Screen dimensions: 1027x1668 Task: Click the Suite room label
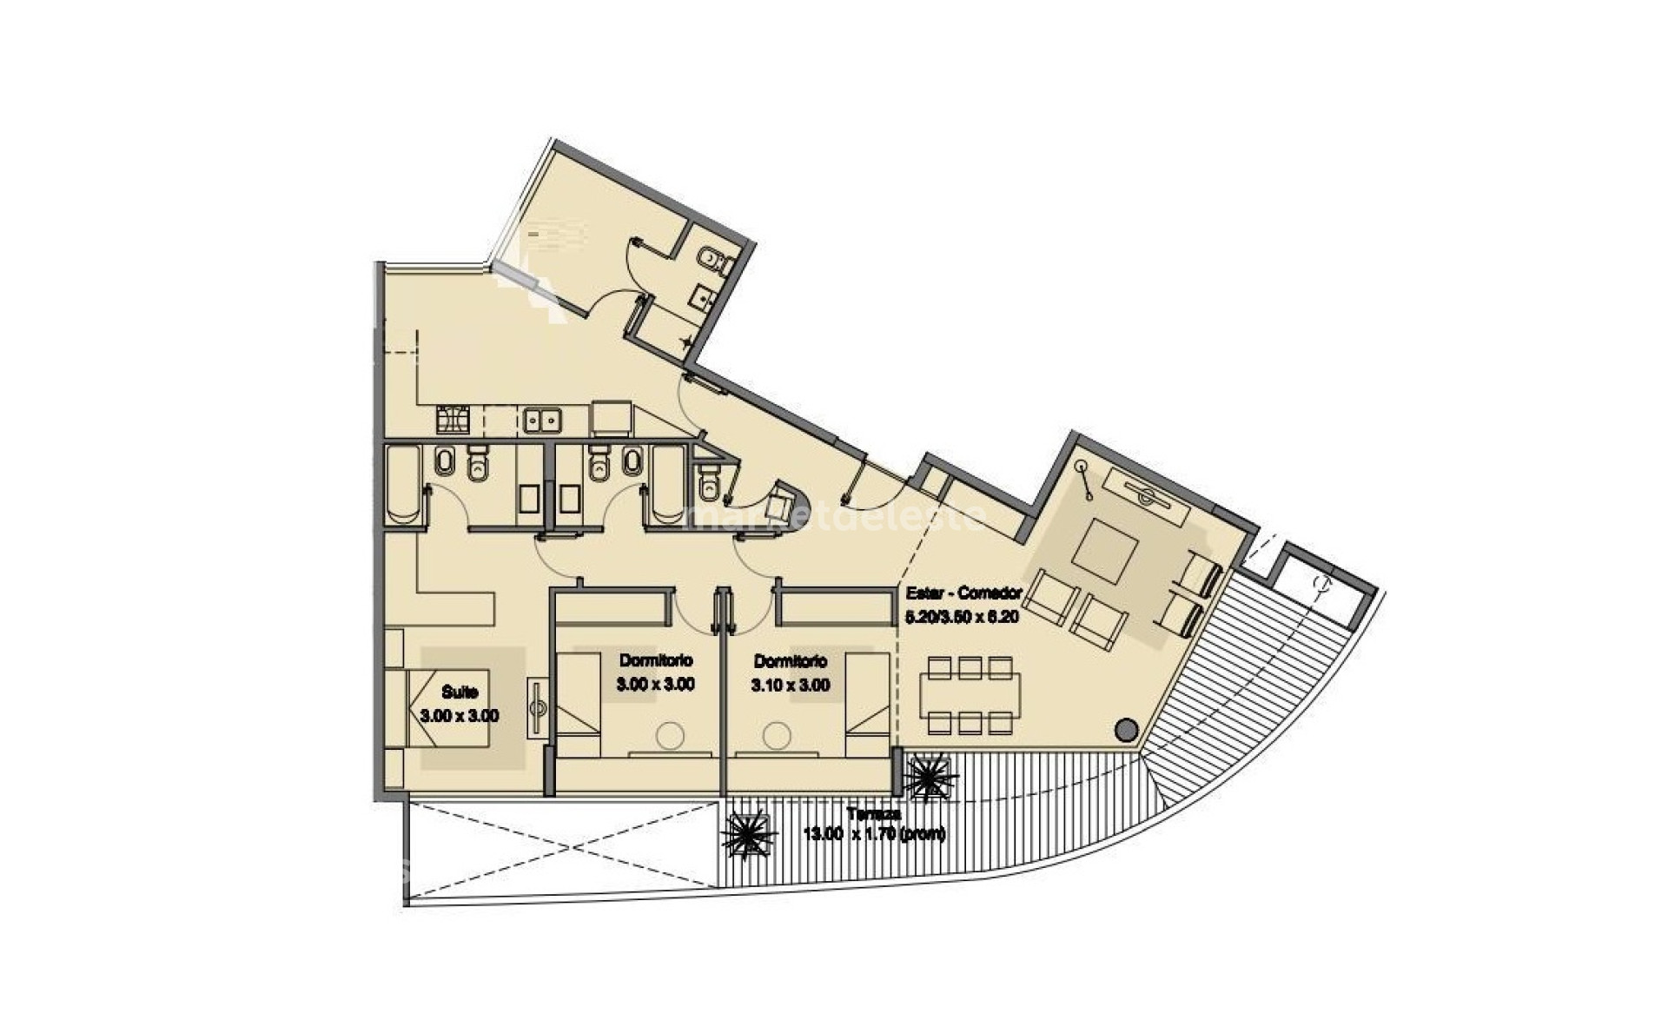coord(460,692)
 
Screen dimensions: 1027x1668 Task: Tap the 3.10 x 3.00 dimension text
coord(790,685)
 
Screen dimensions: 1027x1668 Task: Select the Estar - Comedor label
coord(962,594)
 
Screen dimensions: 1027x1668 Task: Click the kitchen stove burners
coord(452,421)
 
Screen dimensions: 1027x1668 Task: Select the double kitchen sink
coord(541,421)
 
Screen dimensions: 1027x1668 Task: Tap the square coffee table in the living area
coord(1106,551)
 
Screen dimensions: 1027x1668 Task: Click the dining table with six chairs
coord(970,695)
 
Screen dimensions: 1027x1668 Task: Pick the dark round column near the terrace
coord(1126,730)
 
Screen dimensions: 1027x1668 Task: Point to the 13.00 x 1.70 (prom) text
coord(874,834)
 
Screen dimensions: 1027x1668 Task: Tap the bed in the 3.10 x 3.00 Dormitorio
coord(866,693)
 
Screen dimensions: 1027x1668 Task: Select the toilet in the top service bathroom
coord(710,257)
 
